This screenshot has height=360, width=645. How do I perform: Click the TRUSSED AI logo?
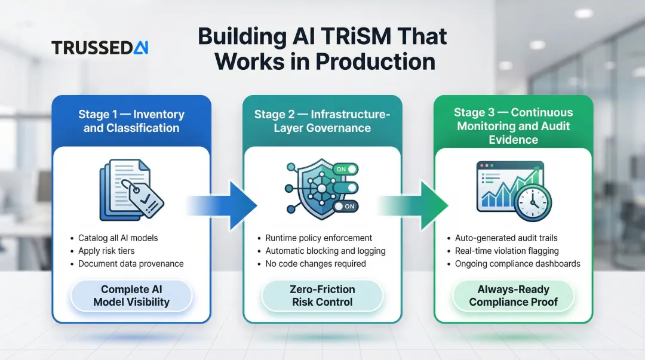point(100,48)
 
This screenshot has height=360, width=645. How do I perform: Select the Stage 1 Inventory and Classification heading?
point(131,121)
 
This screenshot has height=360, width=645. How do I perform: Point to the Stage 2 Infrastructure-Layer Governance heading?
point(322,121)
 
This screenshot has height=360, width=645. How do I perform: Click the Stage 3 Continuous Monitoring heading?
point(513,126)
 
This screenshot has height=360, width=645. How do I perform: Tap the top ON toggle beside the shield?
point(345,170)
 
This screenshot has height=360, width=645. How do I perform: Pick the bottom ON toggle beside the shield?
point(345,206)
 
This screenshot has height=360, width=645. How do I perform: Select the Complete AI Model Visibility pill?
point(131,296)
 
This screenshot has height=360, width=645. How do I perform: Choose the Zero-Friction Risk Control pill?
point(322,296)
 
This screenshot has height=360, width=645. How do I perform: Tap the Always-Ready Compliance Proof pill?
point(513,296)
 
